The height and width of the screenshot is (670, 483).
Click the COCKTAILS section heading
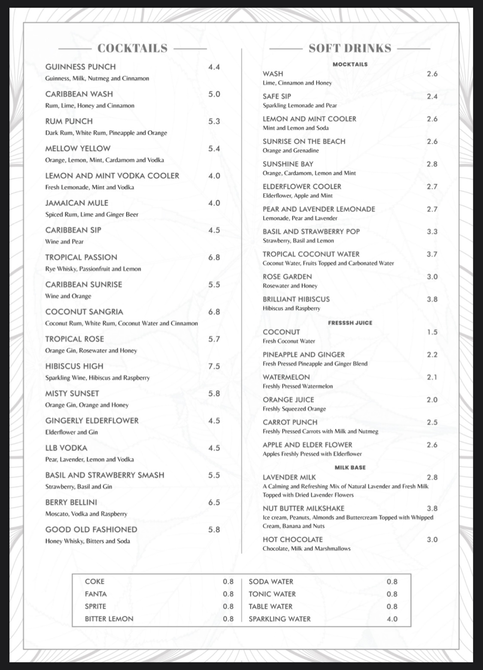[x=132, y=48]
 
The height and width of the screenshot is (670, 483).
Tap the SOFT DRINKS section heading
[x=350, y=48]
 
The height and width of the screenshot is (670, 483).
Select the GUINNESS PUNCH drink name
[x=80, y=67]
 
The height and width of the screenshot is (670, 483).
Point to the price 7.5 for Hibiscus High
[x=214, y=366]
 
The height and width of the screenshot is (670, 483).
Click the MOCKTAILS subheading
[x=350, y=64]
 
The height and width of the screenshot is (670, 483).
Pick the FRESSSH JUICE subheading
[x=350, y=323]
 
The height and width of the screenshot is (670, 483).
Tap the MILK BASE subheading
[x=350, y=467]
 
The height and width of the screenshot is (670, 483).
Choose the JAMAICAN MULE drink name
[x=77, y=203]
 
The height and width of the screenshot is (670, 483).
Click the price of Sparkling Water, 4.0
[x=392, y=619]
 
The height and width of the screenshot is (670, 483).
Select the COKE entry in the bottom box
[x=94, y=581]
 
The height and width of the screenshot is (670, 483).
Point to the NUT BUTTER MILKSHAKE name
[x=304, y=508]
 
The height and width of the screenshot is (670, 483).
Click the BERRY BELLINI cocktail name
[x=71, y=502]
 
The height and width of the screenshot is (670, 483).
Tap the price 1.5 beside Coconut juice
[x=432, y=332]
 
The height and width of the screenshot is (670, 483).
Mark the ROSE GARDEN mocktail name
[x=287, y=276]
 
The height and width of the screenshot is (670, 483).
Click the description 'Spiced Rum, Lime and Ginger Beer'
[x=92, y=214]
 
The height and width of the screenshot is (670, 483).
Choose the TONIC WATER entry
[x=272, y=594]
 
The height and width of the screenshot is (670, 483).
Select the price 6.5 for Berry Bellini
[x=214, y=502]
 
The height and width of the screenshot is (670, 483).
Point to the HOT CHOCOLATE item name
[x=293, y=539]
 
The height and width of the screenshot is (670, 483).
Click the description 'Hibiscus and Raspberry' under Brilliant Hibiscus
[x=292, y=308]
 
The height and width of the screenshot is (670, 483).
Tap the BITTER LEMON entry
[x=109, y=619]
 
